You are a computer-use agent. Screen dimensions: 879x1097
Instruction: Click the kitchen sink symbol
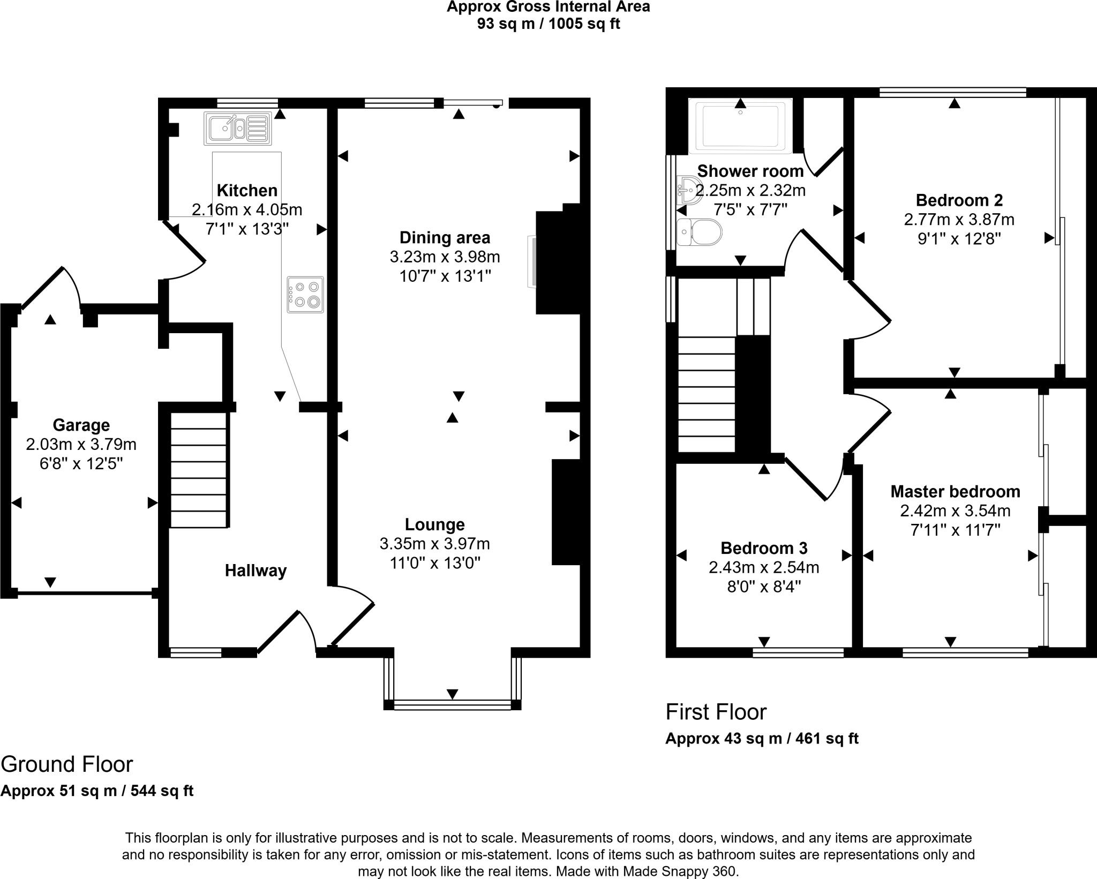pyautogui.click(x=238, y=129)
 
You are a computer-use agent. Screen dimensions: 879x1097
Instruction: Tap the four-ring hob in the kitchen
pyautogui.click(x=305, y=295)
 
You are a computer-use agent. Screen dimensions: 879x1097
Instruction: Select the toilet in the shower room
pyautogui.click(x=700, y=232)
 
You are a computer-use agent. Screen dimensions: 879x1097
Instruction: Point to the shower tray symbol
pyautogui.click(x=740, y=126)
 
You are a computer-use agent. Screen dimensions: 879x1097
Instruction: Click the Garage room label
pyautogui.click(x=81, y=425)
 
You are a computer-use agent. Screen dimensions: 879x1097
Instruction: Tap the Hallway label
pyautogui.click(x=256, y=570)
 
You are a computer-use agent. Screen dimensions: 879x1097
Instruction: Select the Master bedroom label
pyautogui.click(x=955, y=491)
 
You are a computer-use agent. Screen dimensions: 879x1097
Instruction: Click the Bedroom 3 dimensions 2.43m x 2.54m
pyautogui.click(x=764, y=567)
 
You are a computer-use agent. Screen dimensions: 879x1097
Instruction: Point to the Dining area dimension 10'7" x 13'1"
pyautogui.click(x=445, y=276)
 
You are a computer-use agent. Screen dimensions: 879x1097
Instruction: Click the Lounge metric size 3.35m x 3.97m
pyautogui.click(x=434, y=544)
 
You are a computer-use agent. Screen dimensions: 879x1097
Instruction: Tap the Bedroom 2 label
pyautogui.click(x=959, y=200)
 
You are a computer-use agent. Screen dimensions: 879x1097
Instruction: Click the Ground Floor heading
pyautogui.click(x=67, y=764)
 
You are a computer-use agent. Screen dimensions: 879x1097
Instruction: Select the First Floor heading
pyautogui.click(x=716, y=712)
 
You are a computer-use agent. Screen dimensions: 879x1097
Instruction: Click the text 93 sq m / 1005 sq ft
pyautogui.click(x=548, y=24)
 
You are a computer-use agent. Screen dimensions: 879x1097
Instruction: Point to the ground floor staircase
pyautogui.click(x=199, y=470)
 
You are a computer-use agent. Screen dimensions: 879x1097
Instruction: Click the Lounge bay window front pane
pyautogui.click(x=453, y=705)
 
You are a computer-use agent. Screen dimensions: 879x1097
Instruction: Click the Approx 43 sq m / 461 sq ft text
pyautogui.click(x=762, y=739)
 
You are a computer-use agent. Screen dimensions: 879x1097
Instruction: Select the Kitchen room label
pyautogui.click(x=247, y=190)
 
